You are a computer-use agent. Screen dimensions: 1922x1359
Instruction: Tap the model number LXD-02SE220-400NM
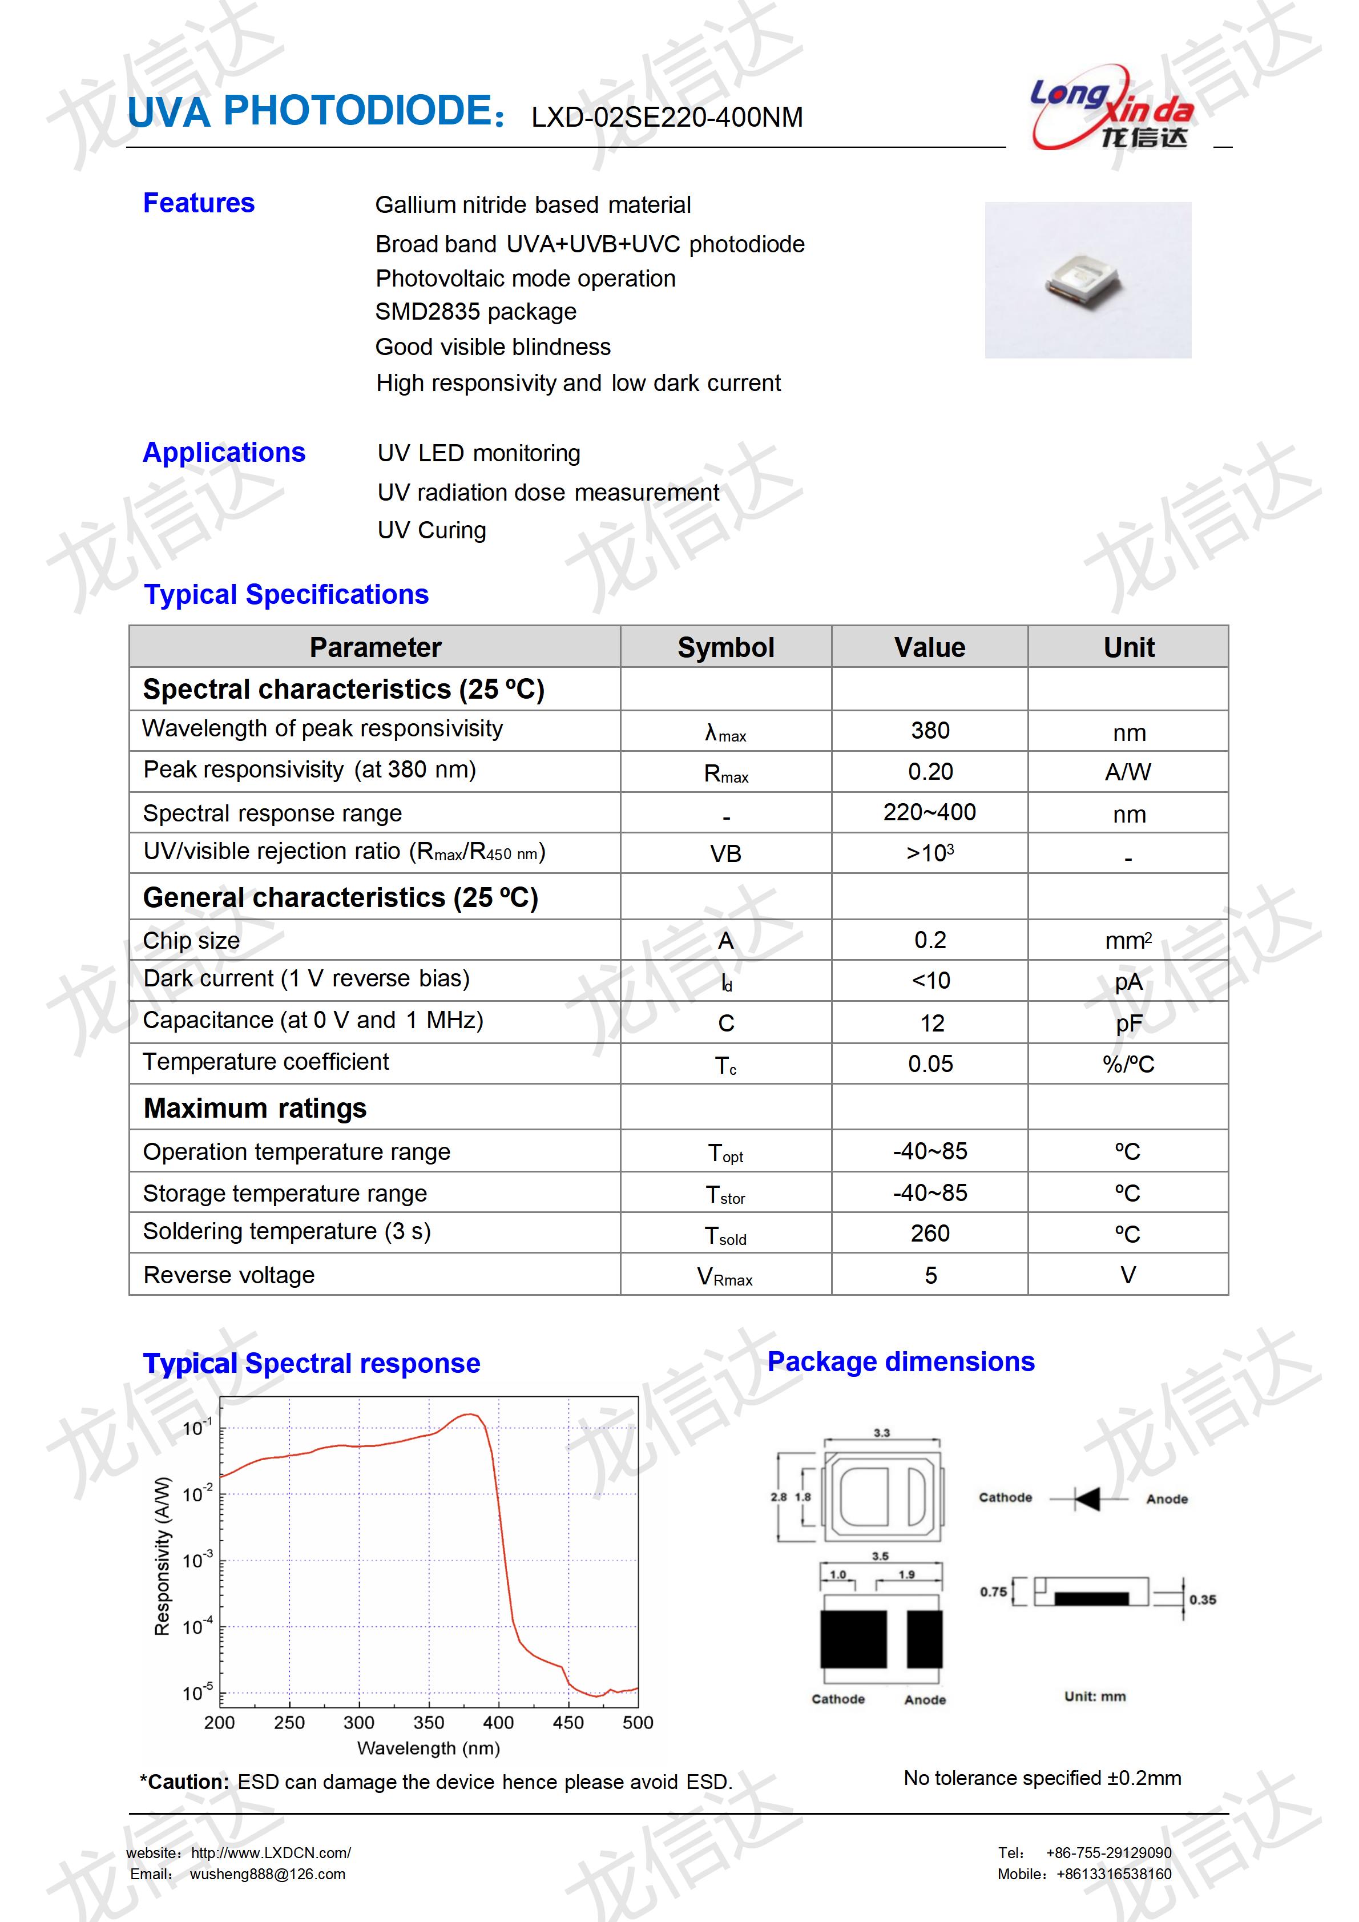667,117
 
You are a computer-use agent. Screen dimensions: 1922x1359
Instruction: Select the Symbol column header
725,647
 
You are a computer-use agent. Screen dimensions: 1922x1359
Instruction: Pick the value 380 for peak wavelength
930,731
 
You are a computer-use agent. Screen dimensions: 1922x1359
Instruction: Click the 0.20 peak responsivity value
930,772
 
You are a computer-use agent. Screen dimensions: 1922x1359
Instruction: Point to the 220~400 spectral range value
930,812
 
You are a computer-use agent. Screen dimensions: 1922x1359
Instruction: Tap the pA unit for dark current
1128,981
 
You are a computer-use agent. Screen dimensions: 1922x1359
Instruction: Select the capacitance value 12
931,1023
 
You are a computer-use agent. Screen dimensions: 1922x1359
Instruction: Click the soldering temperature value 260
930,1233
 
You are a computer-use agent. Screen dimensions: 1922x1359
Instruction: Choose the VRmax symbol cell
725,1276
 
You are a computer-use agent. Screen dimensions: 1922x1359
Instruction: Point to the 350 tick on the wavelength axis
429,1722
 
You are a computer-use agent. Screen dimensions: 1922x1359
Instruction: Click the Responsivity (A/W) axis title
162,1556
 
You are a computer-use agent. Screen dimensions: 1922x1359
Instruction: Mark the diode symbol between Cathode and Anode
1087,1498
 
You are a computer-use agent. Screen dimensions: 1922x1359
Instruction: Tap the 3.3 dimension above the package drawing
881,1433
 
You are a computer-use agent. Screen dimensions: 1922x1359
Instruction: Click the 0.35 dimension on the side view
1203,1599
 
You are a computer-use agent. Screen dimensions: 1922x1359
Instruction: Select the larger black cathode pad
853,1639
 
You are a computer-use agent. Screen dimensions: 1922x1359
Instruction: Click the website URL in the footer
271,1852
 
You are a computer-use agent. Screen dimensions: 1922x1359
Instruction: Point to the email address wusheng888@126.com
267,1874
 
